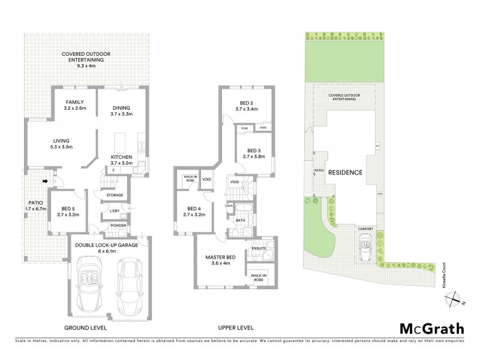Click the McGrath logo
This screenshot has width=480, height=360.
(x=431, y=328)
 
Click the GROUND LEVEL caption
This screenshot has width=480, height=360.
(x=85, y=328)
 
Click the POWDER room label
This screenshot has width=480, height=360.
(x=118, y=226)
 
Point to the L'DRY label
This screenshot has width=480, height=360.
(x=115, y=211)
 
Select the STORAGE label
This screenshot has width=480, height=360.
(x=115, y=195)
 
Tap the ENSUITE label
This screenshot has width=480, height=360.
(x=259, y=248)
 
